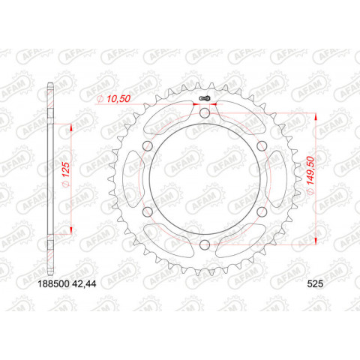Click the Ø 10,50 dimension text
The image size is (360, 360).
point(113,98)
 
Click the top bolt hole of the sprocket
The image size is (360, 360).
point(205,113)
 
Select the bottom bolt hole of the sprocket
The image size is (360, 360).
point(205,244)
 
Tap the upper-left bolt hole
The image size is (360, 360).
point(148,146)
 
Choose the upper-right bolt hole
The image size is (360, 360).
point(261,146)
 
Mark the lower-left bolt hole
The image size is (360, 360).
point(148,211)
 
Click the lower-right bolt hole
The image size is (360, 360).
point(261,211)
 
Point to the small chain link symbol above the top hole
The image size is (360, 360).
point(205,97)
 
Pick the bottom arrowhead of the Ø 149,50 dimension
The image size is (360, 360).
point(316,240)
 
